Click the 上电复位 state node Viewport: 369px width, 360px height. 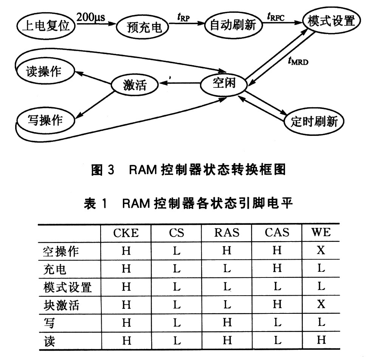pyautogui.click(x=46, y=25)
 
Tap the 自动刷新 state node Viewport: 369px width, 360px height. pyautogui.click(x=233, y=25)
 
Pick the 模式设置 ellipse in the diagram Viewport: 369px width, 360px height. pyautogui.click(x=331, y=20)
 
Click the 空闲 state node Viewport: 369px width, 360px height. pyautogui.click(x=223, y=84)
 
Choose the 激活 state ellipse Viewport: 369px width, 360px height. pyautogui.click(x=135, y=84)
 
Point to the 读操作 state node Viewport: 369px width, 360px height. pyautogui.click(x=45, y=70)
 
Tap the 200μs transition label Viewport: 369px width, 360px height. pyautogui.click(x=91, y=17)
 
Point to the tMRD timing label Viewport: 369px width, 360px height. pyautogui.click(x=298, y=61)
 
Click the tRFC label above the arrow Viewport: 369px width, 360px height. pyautogui.click(x=276, y=17)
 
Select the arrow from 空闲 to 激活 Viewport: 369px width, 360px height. pyautogui.click(x=180, y=83)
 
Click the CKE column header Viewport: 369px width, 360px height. pyautogui.click(x=126, y=233)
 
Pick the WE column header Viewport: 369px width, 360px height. pyautogui.click(x=321, y=232)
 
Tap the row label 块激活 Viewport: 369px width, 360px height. pyautogui.click(x=61, y=305)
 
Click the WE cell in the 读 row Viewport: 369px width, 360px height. pyautogui.click(x=321, y=340)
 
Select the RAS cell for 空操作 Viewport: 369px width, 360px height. pyautogui.click(x=227, y=250)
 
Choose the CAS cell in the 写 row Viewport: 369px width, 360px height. pyautogui.click(x=278, y=322)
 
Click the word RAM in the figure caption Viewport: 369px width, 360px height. pyautogui.click(x=143, y=170)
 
